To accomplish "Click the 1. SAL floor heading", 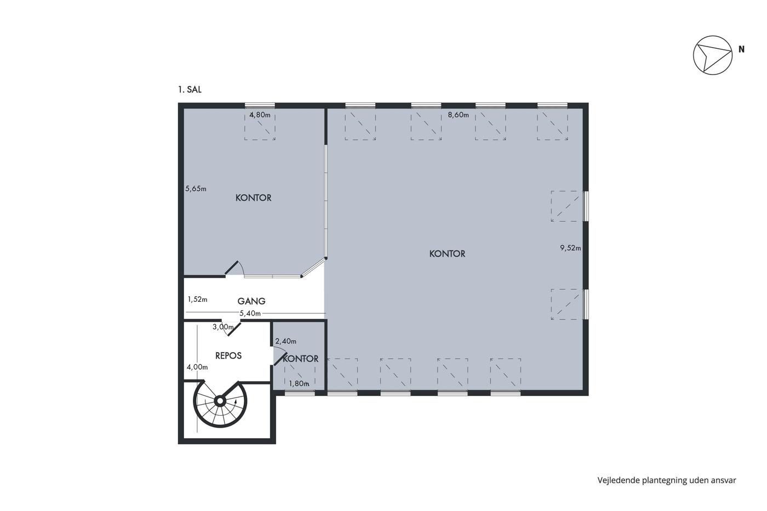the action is click(190, 90).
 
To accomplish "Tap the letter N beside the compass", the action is click(741, 49).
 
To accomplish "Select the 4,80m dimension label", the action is click(260, 115).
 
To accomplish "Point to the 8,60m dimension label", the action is click(458, 115).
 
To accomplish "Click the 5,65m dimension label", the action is click(196, 188).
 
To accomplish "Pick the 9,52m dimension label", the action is click(570, 248).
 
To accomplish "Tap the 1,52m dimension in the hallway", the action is click(197, 300).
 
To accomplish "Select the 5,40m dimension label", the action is click(250, 313).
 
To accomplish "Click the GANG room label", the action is click(251, 301).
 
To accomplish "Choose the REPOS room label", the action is click(228, 356).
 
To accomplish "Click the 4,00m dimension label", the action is click(197, 368).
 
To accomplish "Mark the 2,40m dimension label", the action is click(286, 341).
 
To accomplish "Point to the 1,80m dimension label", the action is click(299, 384).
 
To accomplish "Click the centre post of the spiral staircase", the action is click(220, 401).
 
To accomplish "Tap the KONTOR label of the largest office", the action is click(447, 254).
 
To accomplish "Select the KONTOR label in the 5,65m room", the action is click(253, 198).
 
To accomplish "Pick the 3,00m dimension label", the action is click(223, 327).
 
